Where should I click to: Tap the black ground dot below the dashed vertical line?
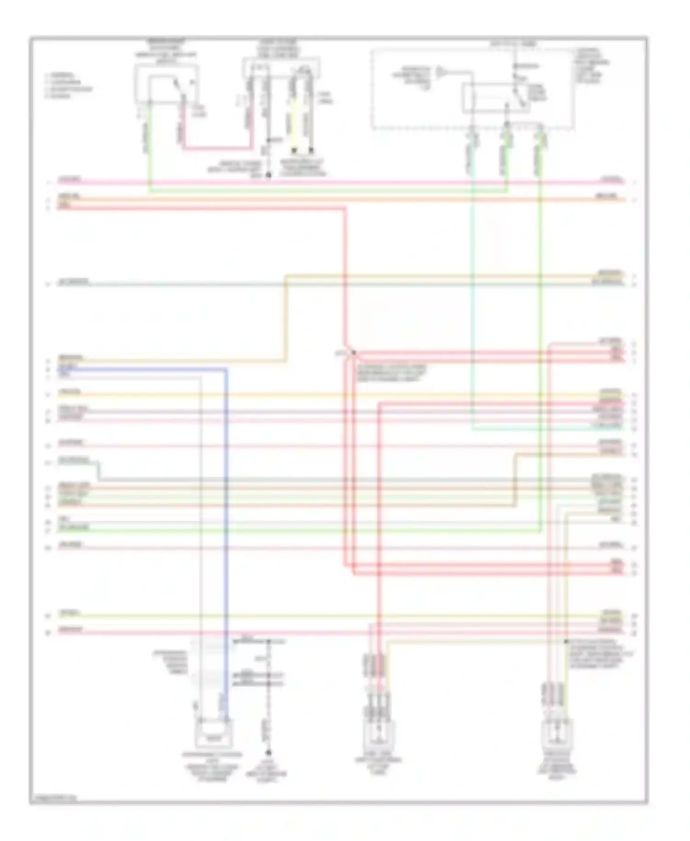(x=269, y=753)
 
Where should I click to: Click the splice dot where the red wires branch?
(x=353, y=352)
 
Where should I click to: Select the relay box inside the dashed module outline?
(x=495, y=98)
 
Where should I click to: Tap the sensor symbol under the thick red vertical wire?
(x=379, y=732)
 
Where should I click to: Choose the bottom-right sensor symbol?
(x=557, y=734)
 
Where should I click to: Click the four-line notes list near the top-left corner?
(x=68, y=85)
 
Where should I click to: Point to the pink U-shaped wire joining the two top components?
(x=216, y=148)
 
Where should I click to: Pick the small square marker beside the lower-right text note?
(x=566, y=641)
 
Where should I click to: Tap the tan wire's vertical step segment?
(x=285, y=317)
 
